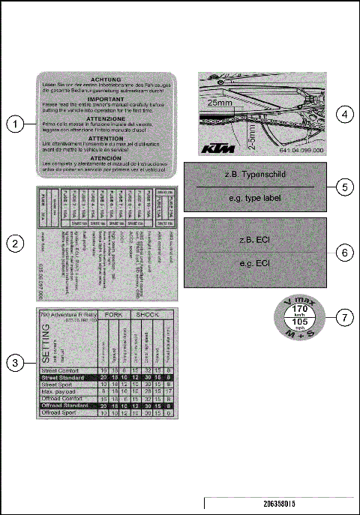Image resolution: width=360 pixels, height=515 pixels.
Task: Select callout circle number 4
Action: coord(343,114)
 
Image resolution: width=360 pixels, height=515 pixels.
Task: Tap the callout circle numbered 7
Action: coord(343,317)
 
